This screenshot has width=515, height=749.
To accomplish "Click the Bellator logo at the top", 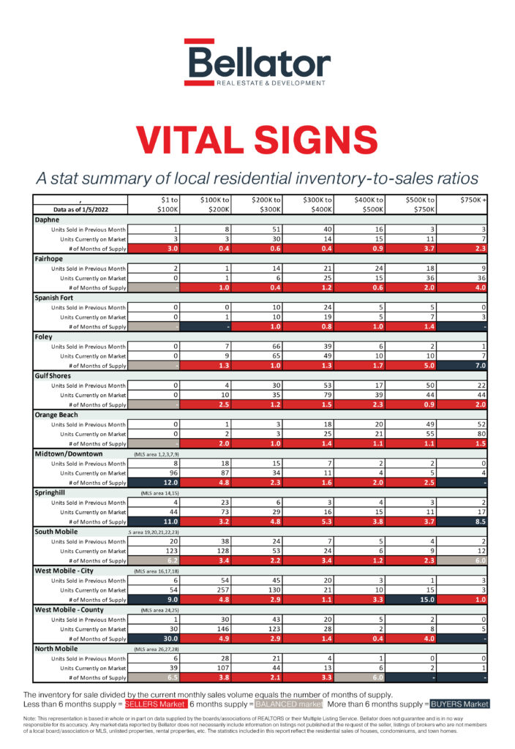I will pos(257,62).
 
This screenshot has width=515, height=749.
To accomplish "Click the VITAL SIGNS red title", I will pos(257,140).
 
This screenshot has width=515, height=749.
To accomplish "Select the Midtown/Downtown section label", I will pos(69,453).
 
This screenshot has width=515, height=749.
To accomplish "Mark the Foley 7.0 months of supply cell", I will pos(469,365).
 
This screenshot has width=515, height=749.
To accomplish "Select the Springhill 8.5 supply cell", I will pos(469,522).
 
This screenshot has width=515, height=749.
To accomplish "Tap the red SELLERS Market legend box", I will pos(155,704).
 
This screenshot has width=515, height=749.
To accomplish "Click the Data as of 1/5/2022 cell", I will pos(80,209).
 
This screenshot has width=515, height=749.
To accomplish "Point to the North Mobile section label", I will pos(59,649).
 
